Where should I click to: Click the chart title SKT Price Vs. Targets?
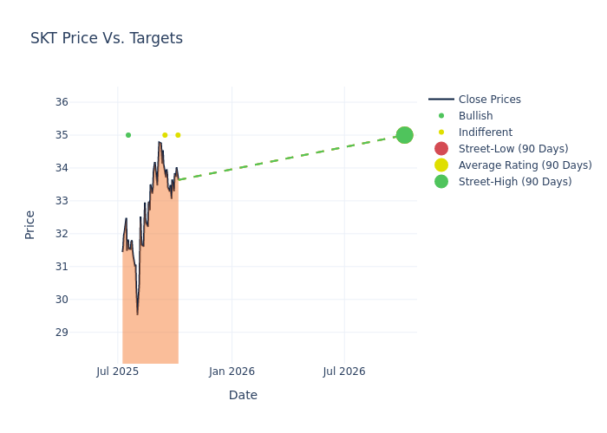(107, 38)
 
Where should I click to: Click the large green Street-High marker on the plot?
(404, 135)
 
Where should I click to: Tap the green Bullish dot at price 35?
(128, 135)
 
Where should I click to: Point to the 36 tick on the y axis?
(62, 102)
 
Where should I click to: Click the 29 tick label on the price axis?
(62, 333)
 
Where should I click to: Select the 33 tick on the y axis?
(62, 201)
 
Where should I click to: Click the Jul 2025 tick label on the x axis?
(118, 372)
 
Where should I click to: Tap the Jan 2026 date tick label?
(232, 372)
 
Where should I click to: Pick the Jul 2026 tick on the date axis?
(344, 372)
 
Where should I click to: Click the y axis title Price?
(30, 224)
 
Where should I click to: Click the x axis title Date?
(243, 395)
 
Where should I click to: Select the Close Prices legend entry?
(489, 100)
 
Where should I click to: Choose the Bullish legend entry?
(475, 116)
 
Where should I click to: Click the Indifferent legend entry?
(485, 132)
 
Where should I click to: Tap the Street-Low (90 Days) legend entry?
(512, 149)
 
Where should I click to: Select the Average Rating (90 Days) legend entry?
(525, 165)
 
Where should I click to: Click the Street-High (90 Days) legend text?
(514, 182)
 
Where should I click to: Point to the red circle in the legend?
(441, 149)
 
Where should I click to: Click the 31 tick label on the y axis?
(62, 267)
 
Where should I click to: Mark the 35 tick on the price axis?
(62, 135)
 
